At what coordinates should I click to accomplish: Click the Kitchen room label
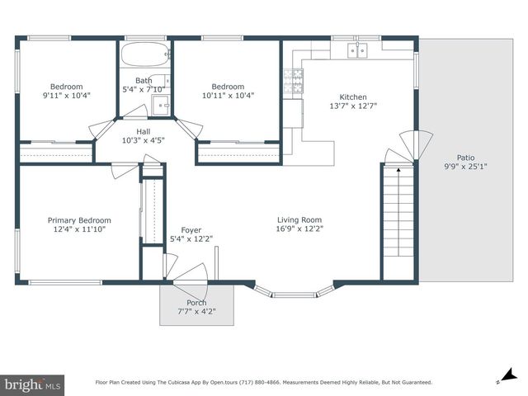pyautogui.click(x=353, y=97)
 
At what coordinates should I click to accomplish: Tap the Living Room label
pyautogui.click(x=299, y=220)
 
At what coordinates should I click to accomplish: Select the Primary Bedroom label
pyautogui.click(x=79, y=220)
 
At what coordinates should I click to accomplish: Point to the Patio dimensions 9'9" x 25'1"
pyautogui.click(x=465, y=167)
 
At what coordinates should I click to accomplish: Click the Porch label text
pyautogui.click(x=196, y=303)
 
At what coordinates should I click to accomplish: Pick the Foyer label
pyautogui.click(x=191, y=230)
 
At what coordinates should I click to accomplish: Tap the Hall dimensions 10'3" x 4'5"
pyautogui.click(x=143, y=140)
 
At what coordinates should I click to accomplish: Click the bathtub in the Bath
pyautogui.click(x=145, y=54)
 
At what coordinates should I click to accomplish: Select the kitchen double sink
pyautogui.click(x=357, y=50)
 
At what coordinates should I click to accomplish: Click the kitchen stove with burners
pyautogui.click(x=293, y=81)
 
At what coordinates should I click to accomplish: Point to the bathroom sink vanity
pyautogui.click(x=161, y=106)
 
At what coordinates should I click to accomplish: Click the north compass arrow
pyautogui.click(x=509, y=375)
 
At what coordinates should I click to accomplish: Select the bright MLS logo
pyautogui.click(x=32, y=384)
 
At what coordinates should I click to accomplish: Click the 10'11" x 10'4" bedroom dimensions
pyautogui.click(x=228, y=96)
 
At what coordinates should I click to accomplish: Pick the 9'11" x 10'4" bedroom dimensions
pyautogui.click(x=67, y=96)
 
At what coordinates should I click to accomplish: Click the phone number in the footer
pyautogui.click(x=260, y=383)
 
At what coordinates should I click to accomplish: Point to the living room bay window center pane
pyautogui.click(x=295, y=295)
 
